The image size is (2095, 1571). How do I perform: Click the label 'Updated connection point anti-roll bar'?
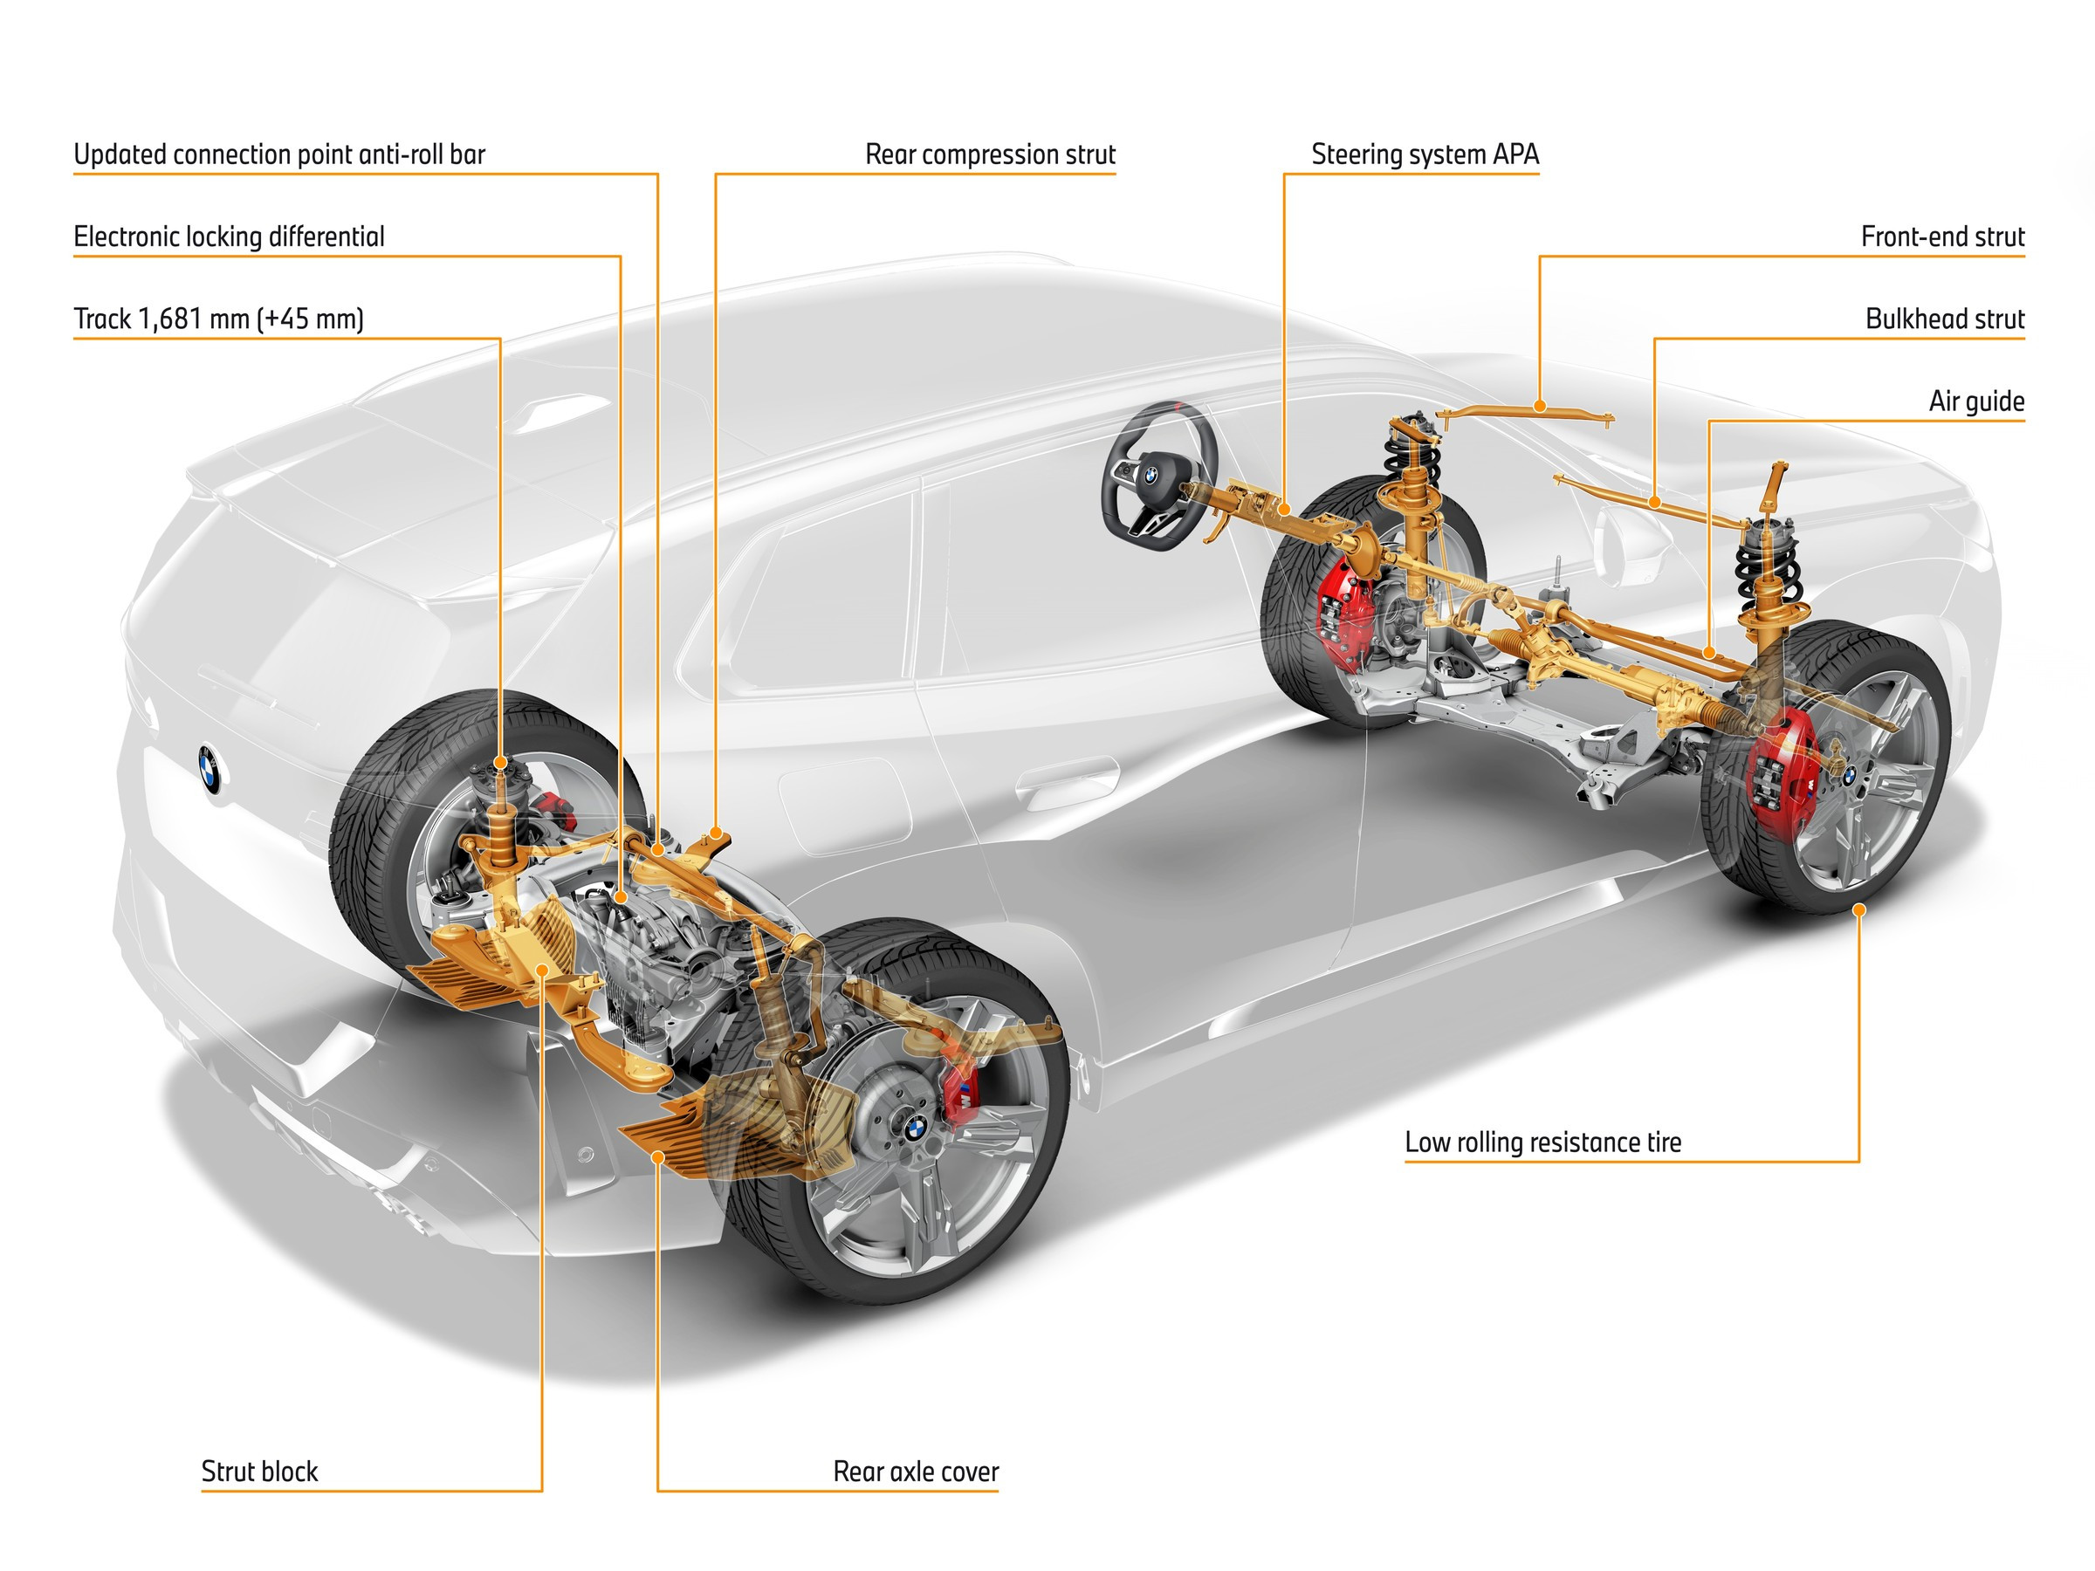coord(279,154)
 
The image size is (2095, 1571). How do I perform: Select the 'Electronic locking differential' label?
coord(230,237)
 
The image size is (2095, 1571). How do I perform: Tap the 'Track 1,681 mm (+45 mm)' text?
coord(219,319)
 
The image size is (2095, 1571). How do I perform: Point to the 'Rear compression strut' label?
coord(990,154)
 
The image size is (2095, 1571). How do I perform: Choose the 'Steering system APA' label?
coord(1425,154)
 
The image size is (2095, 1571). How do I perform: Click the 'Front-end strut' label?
coord(1941,237)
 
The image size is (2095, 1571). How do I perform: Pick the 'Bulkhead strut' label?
coord(1944,319)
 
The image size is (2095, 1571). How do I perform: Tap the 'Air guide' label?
coord(1975,401)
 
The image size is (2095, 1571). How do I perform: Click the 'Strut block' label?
coord(259,1471)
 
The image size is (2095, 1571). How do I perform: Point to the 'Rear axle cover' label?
coord(915,1471)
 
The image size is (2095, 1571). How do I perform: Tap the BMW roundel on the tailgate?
coord(209,768)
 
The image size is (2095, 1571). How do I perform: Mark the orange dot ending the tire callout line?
coord(1858,909)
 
